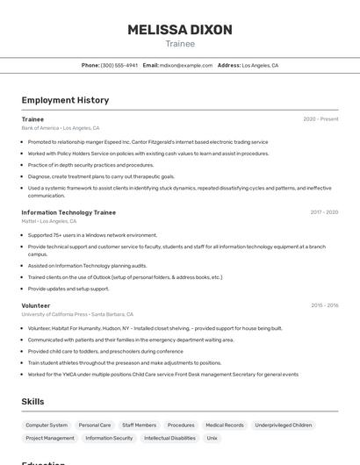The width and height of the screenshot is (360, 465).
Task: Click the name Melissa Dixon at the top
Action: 180,30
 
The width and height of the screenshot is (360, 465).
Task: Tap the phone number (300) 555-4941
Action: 119,65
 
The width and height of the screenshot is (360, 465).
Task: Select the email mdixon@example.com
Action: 185,65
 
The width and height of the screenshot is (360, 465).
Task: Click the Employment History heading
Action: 65,100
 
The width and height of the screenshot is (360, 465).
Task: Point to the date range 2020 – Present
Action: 320,118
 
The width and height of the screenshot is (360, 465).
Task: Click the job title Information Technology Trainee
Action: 68,212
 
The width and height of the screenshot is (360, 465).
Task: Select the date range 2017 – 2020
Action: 324,212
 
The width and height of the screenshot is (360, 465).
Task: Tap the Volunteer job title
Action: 36,305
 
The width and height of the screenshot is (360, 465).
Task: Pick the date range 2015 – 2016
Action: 324,305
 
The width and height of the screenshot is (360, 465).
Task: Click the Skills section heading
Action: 33,402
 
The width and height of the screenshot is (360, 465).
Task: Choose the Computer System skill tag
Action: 47,425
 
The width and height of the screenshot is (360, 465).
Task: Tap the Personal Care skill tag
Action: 95,425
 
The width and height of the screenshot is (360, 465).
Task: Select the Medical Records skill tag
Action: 225,425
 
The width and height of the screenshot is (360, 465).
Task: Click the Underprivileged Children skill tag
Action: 284,425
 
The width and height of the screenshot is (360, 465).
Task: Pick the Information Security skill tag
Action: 109,438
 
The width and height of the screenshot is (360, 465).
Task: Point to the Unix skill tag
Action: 212,438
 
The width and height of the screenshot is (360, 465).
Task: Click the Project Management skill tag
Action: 50,438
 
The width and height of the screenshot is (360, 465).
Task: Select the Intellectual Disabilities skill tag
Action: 169,438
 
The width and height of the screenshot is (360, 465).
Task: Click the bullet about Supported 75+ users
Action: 92,235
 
